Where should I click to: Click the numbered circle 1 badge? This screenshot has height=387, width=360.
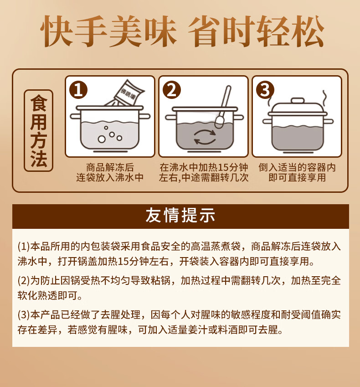[78, 90]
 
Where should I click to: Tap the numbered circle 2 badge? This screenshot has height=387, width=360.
[172, 90]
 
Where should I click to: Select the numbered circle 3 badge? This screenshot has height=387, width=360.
[265, 90]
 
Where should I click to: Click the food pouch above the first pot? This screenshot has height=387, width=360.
[126, 93]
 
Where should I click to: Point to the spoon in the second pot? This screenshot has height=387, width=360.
[223, 106]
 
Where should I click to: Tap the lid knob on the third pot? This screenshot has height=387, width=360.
[297, 101]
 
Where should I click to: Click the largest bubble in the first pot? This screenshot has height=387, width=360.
[102, 139]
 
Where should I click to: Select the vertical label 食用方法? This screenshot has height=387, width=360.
[38, 130]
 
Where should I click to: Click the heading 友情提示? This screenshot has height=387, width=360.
[180, 216]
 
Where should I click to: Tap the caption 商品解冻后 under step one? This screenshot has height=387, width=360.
[110, 167]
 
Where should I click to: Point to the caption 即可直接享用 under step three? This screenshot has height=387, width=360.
[297, 177]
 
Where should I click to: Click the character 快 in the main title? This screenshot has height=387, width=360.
[57, 31]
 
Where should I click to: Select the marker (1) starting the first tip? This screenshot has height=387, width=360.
[24, 247]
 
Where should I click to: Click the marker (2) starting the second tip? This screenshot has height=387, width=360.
[24, 281]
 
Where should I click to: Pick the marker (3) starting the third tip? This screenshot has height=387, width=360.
[24, 315]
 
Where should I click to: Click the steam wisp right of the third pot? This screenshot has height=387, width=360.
[325, 98]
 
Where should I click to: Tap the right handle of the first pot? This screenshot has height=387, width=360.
[144, 116]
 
